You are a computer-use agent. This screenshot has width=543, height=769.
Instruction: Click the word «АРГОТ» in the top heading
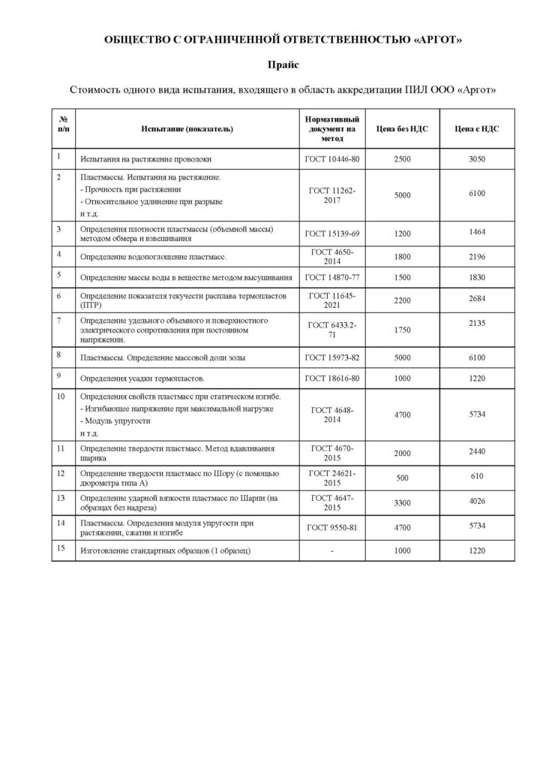pos(437,39)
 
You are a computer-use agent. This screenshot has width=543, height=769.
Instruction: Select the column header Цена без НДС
pos(402,128)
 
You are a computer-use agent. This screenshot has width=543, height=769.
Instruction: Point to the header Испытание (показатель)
pos(187,128)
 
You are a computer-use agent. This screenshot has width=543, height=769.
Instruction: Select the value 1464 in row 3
pos(477,232)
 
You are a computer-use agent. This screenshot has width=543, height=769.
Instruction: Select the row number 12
pos(61,472)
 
